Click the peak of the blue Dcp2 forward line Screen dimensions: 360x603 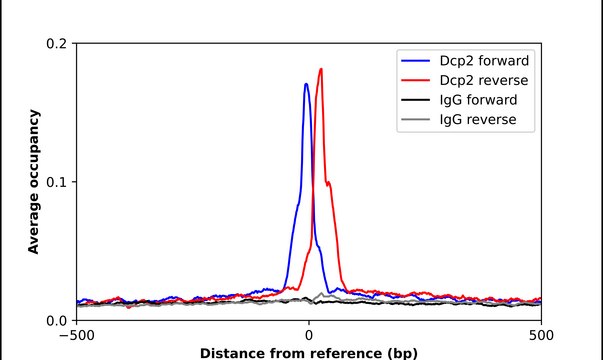pos(306,84)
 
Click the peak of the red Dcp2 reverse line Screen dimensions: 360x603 pos(321,69)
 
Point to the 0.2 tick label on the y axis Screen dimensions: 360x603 pos(56,44)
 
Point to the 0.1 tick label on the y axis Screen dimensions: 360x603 pos(56,182)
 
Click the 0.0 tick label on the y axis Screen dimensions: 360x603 pos(56,320)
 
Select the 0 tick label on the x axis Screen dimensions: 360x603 pos(309,335)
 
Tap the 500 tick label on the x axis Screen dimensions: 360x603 pos(541,335)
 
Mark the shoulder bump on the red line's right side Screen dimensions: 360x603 pos(330,184)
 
